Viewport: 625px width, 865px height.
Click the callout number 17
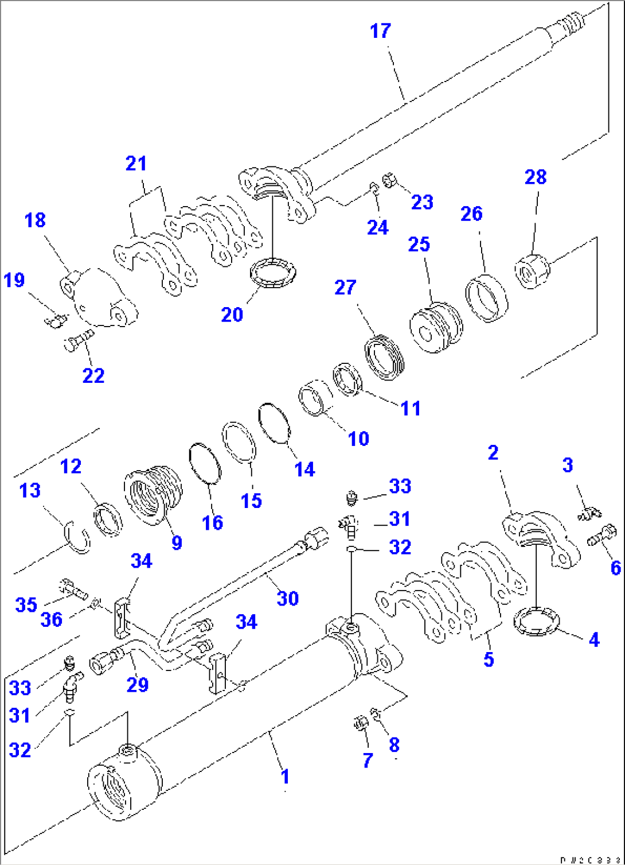[x=381, y=31]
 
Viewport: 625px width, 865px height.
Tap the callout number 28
[x=536, y=177]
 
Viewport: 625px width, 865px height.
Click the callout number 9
[x=177, y=542]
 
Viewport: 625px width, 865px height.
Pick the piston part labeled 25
[x=436, y=327]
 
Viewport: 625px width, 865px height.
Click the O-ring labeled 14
[x=274, y=424]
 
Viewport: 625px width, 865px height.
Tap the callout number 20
[x=232, y=315]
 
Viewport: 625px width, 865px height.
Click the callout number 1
[x=285, y=777]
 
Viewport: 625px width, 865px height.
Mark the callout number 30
[x=287, y=598]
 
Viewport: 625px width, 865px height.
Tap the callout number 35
[x=26, y=604]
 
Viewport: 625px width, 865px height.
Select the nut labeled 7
[x=361, y=724]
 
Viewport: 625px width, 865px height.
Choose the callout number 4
[x=594, y=639]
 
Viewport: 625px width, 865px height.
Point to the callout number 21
[x=136, y=164]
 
